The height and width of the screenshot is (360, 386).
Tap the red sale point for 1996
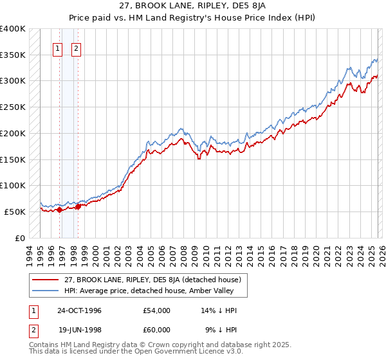[x=60, y=210]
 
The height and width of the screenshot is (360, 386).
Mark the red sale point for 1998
[x=78, y=206]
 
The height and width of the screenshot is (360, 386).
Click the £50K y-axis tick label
[x=15, y=212]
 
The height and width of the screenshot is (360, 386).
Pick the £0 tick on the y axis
[x=20, y=238]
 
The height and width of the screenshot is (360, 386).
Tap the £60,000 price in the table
[x=157, y=329]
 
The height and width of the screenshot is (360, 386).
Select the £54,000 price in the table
[x=157, y=310]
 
